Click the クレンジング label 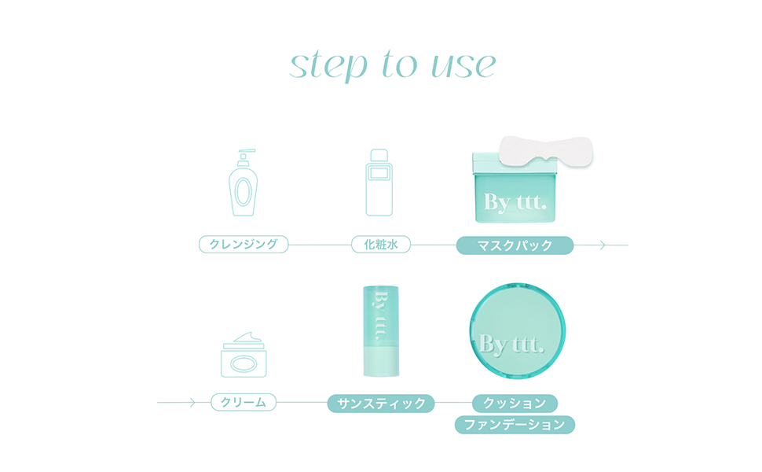point(244,245)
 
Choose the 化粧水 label point(381,245)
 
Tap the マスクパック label point(515,245)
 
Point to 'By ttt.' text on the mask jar point(515,202)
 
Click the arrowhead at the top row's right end point(603,245)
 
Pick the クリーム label point(244,403)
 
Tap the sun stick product point(381,330)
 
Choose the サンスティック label point(381,404)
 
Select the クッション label point(515,404)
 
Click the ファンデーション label point(515,425)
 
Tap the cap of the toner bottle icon point(381,155)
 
